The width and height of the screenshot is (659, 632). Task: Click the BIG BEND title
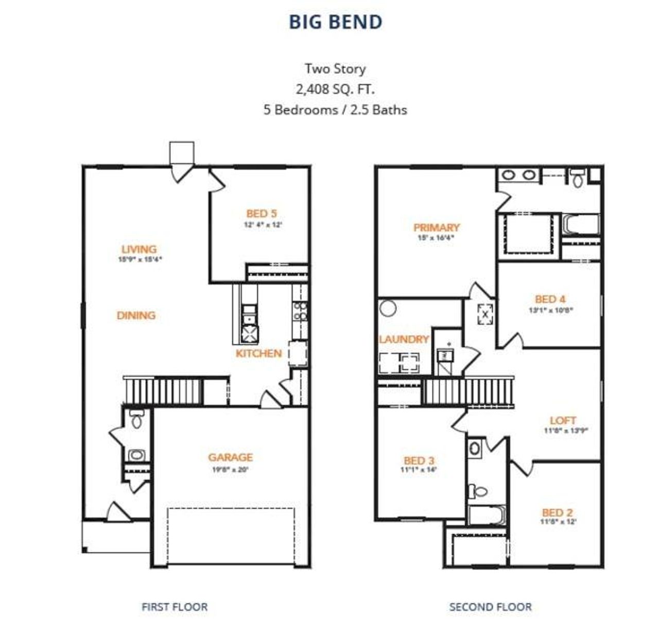tap(335, 22)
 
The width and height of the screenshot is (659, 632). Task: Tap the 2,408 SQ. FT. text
tap(335, 89)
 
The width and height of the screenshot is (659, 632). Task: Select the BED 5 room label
tap(262, 213)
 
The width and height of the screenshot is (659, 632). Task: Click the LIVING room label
tap(139, 249)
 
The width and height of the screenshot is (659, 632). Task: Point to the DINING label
tap(136, 315)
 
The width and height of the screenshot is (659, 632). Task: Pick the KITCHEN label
tap(258, 354)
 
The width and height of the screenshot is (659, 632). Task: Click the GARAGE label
tap(230, 457)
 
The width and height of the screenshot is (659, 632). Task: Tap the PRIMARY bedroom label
tap(436, 227)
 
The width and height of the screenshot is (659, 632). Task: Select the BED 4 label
tap(550, 299)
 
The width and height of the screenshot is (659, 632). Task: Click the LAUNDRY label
tap(404, 339)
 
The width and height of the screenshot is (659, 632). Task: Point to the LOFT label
tap(563, 421)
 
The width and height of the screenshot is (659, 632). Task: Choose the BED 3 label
tap(419, 460)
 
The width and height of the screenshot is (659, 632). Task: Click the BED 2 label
tap(557, 512)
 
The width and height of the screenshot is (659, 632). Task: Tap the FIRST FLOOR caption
tap(175, 607)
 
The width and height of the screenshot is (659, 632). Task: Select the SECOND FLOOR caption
tap(490, 607)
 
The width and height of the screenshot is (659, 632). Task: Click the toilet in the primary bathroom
tap(577, 178)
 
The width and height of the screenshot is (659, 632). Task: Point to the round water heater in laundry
tap(388, 309)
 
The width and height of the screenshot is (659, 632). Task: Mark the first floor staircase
tap(162, 391)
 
